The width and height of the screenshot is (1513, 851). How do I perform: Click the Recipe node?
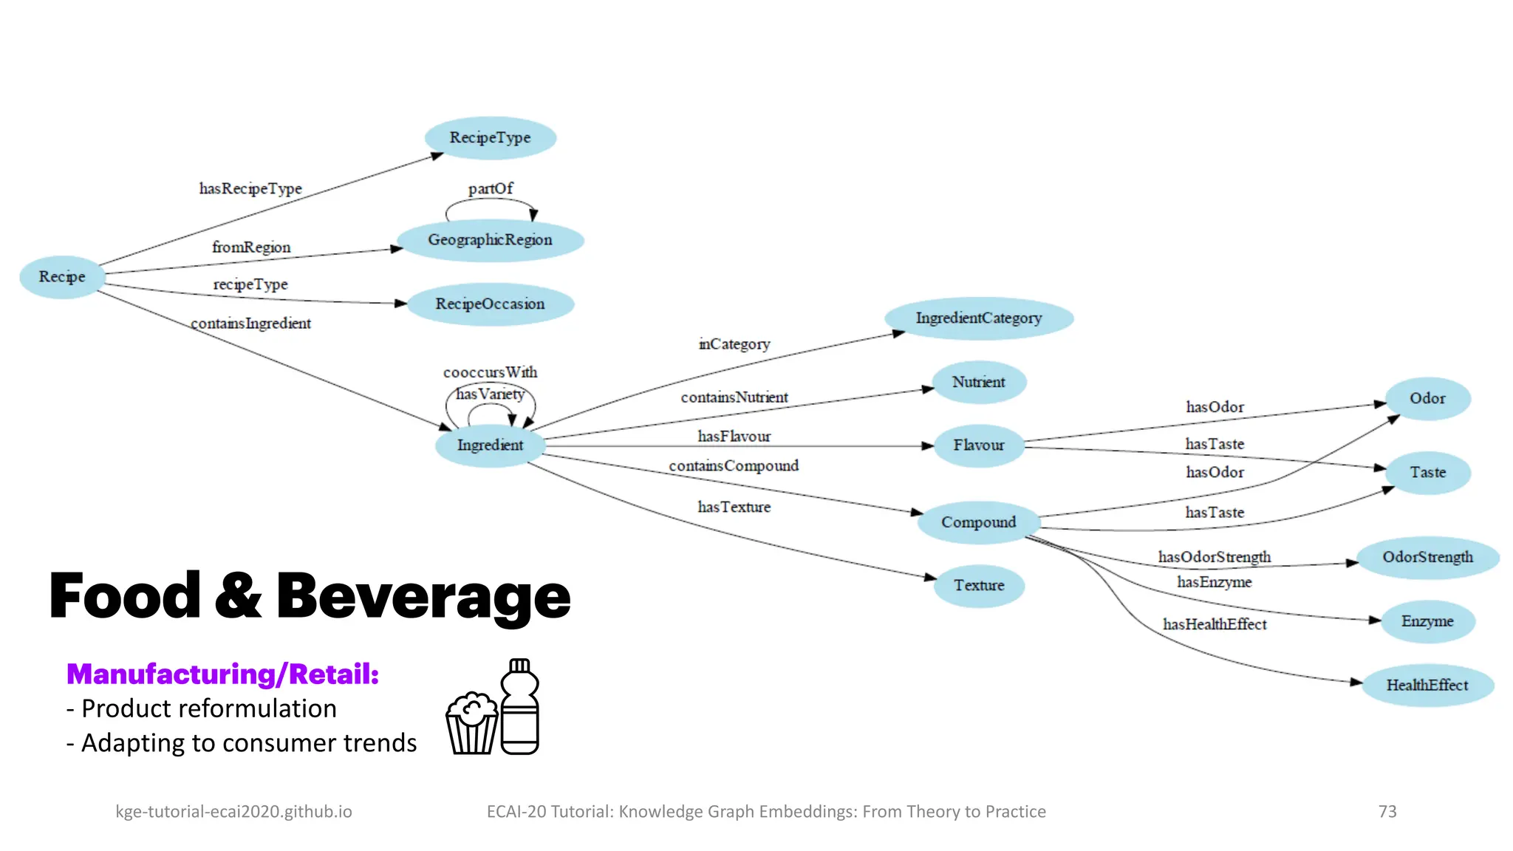click(x=62, y=277)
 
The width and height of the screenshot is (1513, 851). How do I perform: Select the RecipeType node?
click(x=490, y=138)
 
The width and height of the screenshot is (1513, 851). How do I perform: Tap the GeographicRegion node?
click(x=490, y=240)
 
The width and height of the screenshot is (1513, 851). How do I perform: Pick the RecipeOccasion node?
click(x=490, y=304)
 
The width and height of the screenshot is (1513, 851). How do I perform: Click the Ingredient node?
click(x=490, y=445)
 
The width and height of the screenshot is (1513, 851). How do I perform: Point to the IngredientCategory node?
click(x=978, y=318)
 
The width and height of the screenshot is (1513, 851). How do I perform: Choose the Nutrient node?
click(x=978, y=383)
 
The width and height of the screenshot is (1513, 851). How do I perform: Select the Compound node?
click(x=978, y=522)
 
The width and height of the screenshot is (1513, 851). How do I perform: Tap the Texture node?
click(x=978, y=586)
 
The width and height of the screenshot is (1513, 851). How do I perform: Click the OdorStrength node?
click(x=1427, y=558)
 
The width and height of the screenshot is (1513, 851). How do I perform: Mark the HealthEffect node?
click(x=1427, y=686)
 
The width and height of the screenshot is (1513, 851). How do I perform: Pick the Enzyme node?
click(x=1427, y=621)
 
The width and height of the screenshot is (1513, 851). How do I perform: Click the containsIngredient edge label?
click(x=250, y=324)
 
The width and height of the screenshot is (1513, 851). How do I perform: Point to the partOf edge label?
click(x=490, y=188)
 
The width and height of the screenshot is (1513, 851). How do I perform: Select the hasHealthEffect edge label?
click(x=1215, y=625)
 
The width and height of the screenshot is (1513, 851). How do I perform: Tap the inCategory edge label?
click(x=734, y=344)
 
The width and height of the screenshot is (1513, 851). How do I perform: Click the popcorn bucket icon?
click(x=471, y=723)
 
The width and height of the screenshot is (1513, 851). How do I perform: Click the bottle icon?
click(x=520, y=707)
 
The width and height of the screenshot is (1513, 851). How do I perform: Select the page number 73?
click(x=1387, y=812)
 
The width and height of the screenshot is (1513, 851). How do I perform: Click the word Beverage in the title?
click(x=423, y=596)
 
